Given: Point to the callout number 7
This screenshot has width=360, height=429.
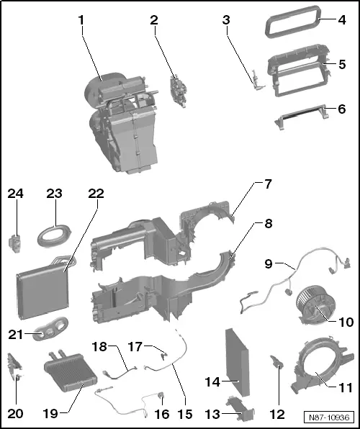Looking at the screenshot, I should tap(268, 184).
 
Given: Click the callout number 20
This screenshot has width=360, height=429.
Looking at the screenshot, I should tap(16, 413).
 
